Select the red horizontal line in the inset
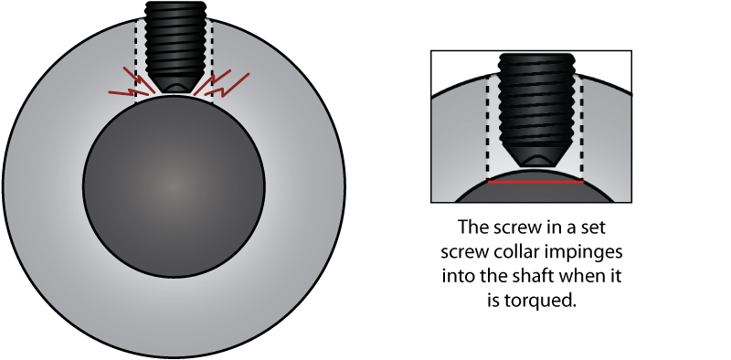535,182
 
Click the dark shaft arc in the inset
535,192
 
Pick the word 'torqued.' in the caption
547,299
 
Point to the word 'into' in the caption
469,275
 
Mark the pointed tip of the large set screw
174,90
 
